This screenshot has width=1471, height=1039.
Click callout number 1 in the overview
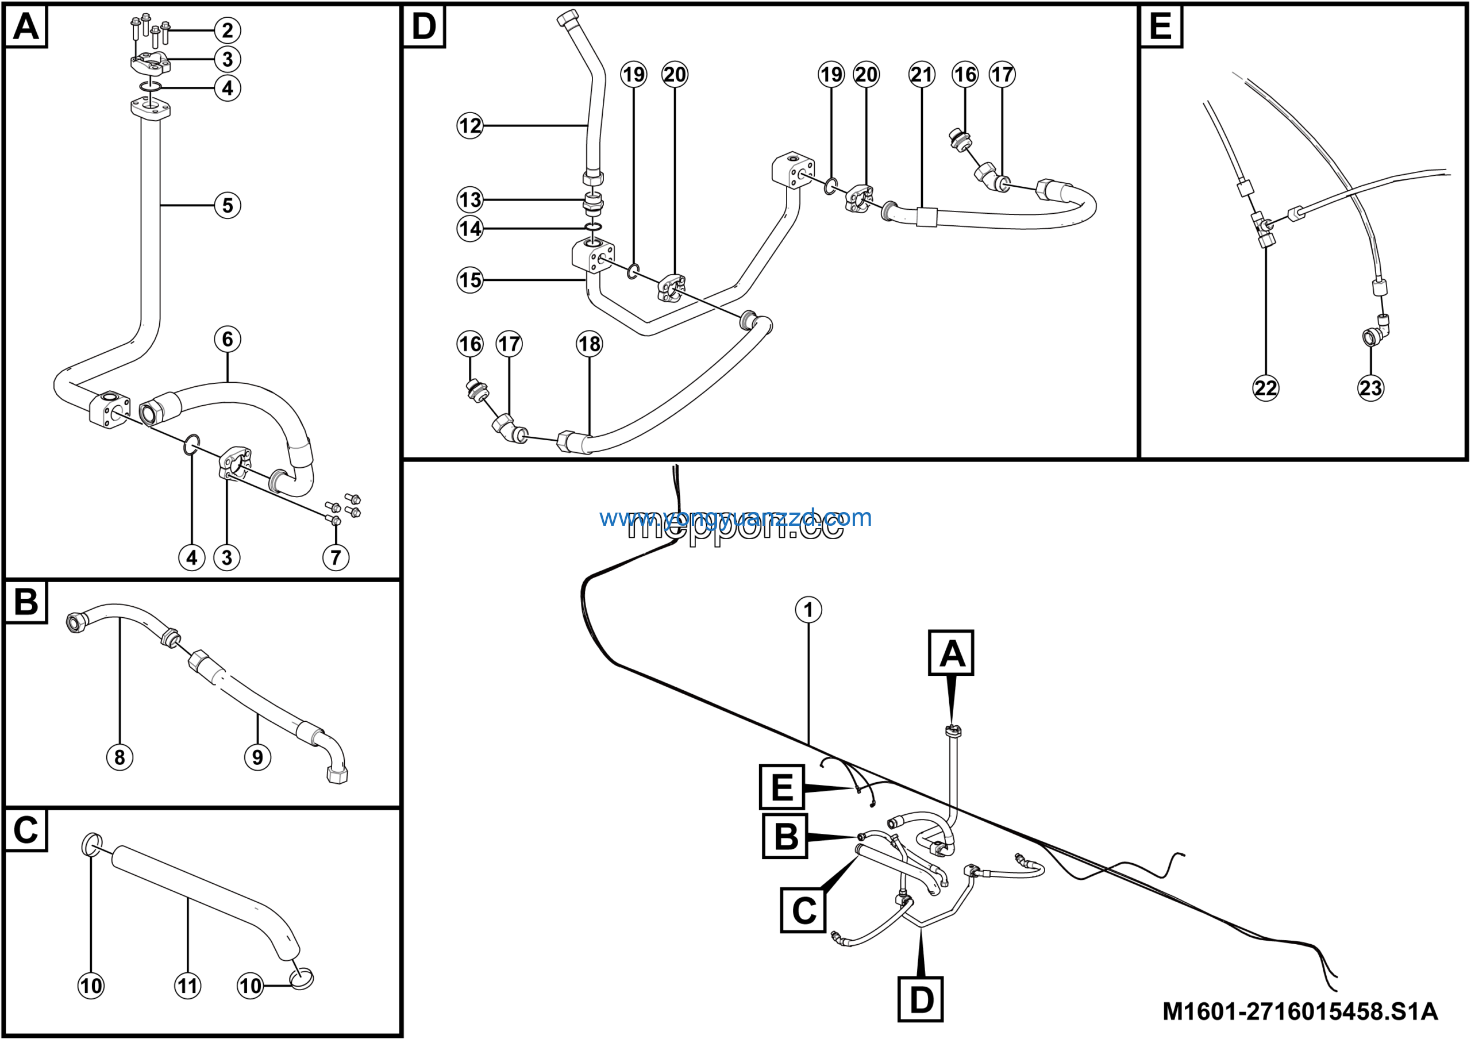click(808, 609)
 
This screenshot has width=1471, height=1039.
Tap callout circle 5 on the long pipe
click(228, 206)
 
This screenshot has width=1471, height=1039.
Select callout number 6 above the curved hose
click(228, 339)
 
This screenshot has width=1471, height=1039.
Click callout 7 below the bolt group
click(336, 557)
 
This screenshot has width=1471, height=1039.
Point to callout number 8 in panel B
click(120, 757)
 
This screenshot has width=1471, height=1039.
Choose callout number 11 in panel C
click(188, 985)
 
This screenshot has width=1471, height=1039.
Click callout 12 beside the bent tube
click(469, 125)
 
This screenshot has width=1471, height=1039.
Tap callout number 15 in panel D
click(469, 280)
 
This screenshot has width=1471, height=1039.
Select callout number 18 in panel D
click(589, 344)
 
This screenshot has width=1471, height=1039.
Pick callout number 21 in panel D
click(921, 74)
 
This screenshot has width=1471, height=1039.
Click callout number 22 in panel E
click(1265, 388)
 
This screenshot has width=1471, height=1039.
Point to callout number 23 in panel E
click(1370, 388)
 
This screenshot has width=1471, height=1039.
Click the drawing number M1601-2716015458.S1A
click(1300, 1011)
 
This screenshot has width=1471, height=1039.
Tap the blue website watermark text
click(735, 517)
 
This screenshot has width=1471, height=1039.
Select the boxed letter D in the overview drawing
click(921, 999)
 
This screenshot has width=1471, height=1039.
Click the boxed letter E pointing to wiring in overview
click(781, 787)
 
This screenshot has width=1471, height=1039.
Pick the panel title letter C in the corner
click(26, 830)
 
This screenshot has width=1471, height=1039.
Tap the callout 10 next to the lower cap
click(251, 985)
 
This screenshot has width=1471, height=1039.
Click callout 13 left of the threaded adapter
click(469, 200)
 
